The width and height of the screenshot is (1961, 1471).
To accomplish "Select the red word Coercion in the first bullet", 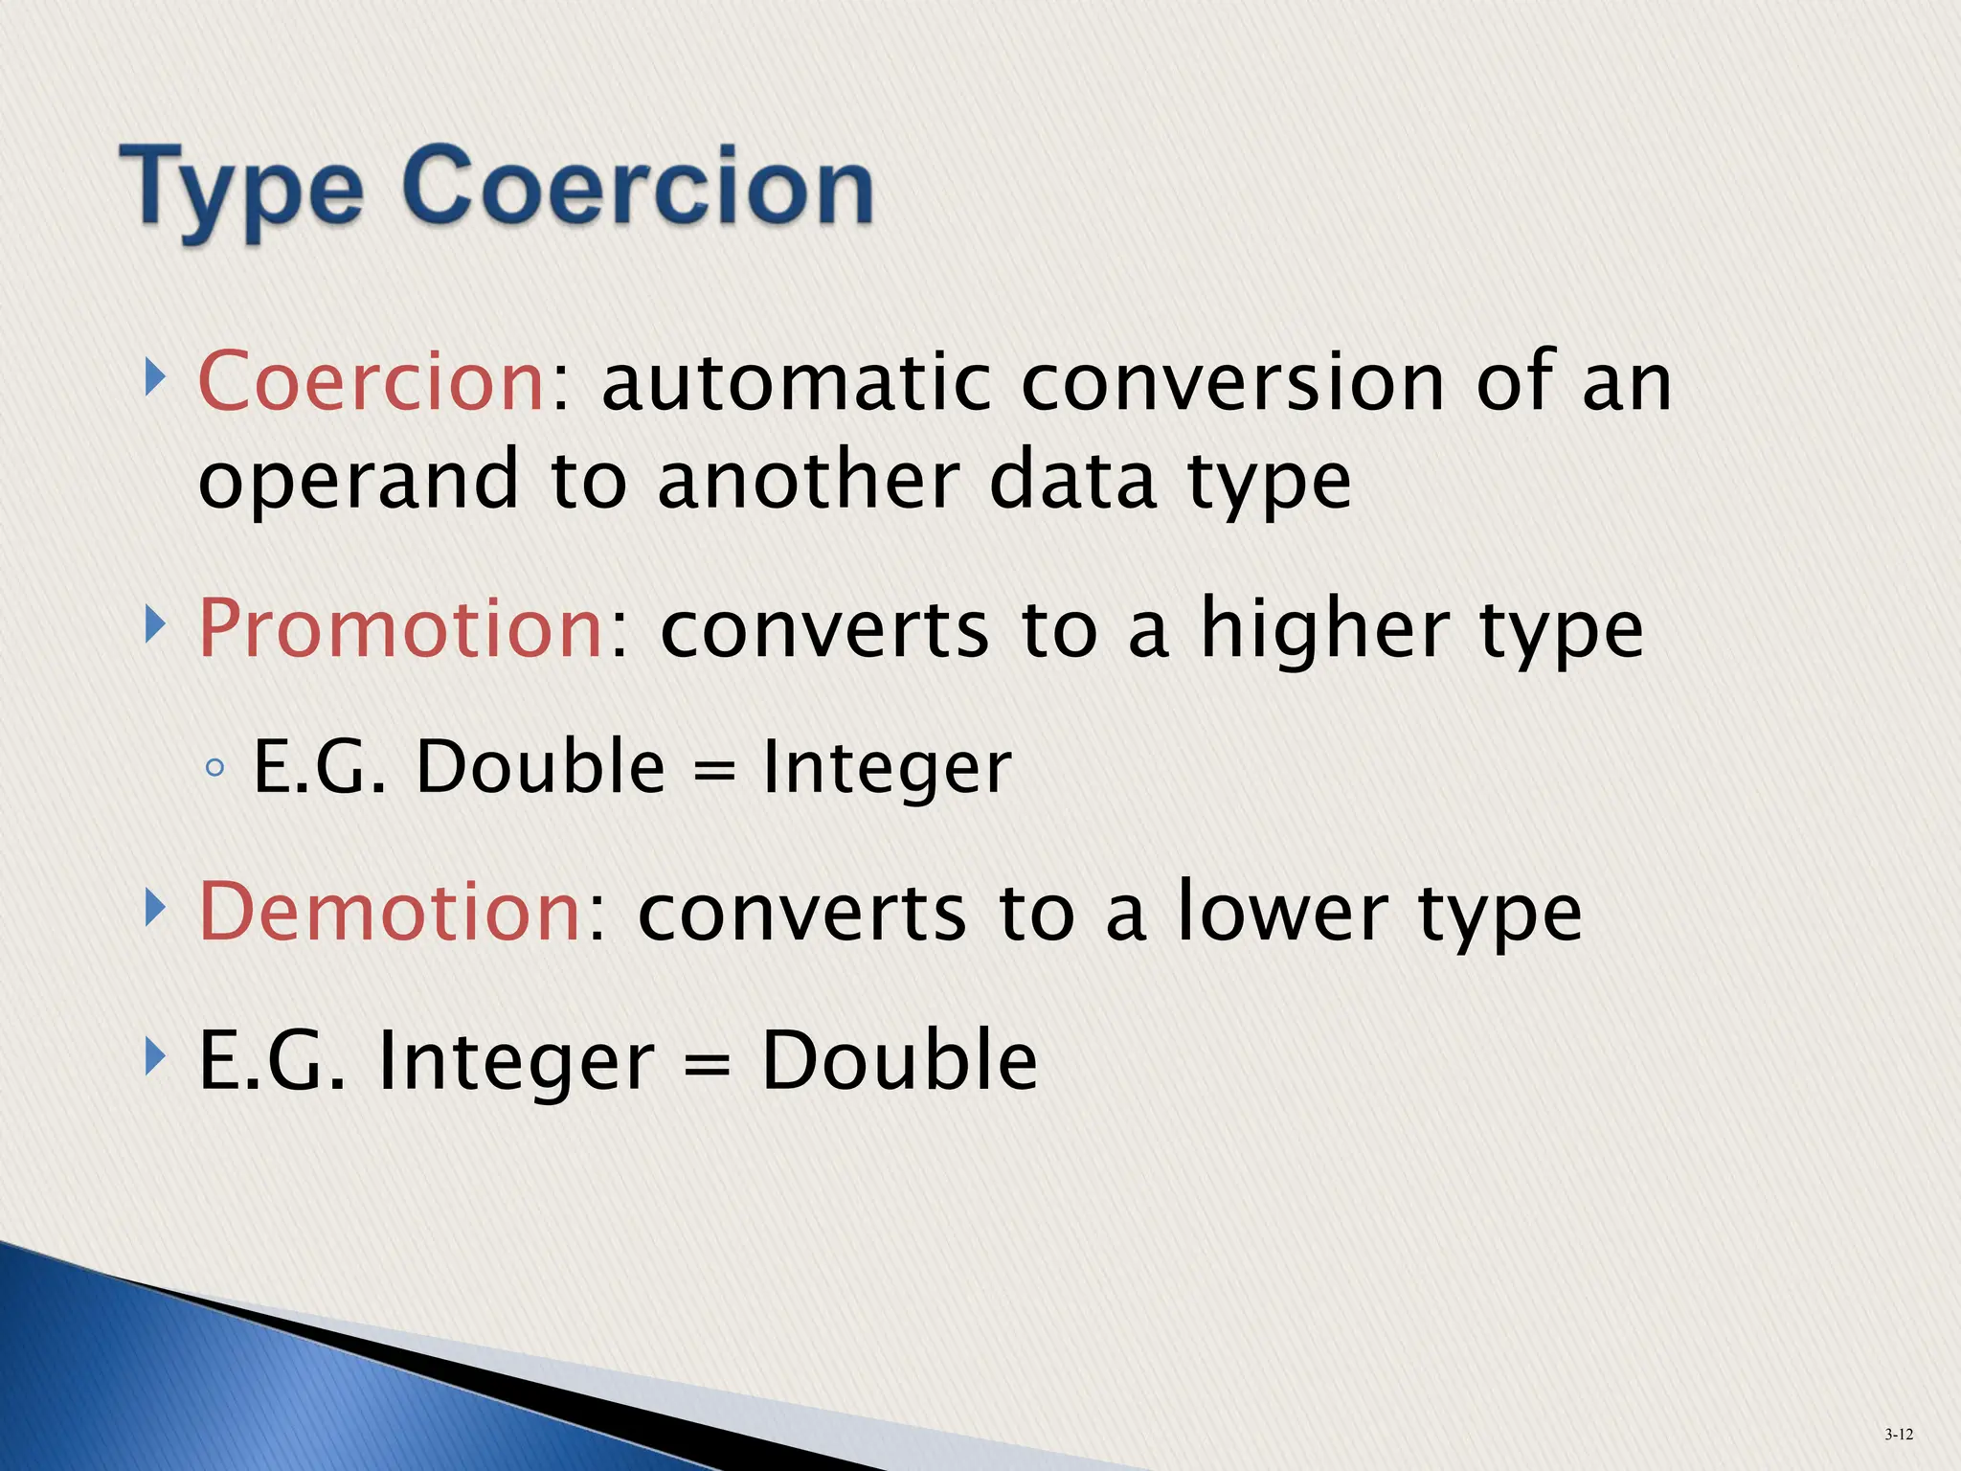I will click(x=372, y=382).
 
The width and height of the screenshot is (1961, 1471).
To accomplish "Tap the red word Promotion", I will click(x=400, y=629).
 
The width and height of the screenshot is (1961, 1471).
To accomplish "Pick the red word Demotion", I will click(x=390, y=912).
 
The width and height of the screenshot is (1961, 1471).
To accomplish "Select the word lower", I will click(x=1282, y=912).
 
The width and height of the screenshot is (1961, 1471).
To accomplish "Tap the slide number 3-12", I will click(x=1898, y=1434).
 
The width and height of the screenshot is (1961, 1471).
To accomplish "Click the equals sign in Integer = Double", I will click(x=707, y=1064).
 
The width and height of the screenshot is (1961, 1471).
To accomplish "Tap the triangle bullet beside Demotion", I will click(x=154, y=908).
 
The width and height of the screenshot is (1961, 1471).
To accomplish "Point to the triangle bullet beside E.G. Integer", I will click(x=154, y=1057).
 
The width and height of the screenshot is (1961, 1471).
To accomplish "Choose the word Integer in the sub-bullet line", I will click(x=886, y=769).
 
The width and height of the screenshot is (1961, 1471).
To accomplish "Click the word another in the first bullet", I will click(x=807, y=481).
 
